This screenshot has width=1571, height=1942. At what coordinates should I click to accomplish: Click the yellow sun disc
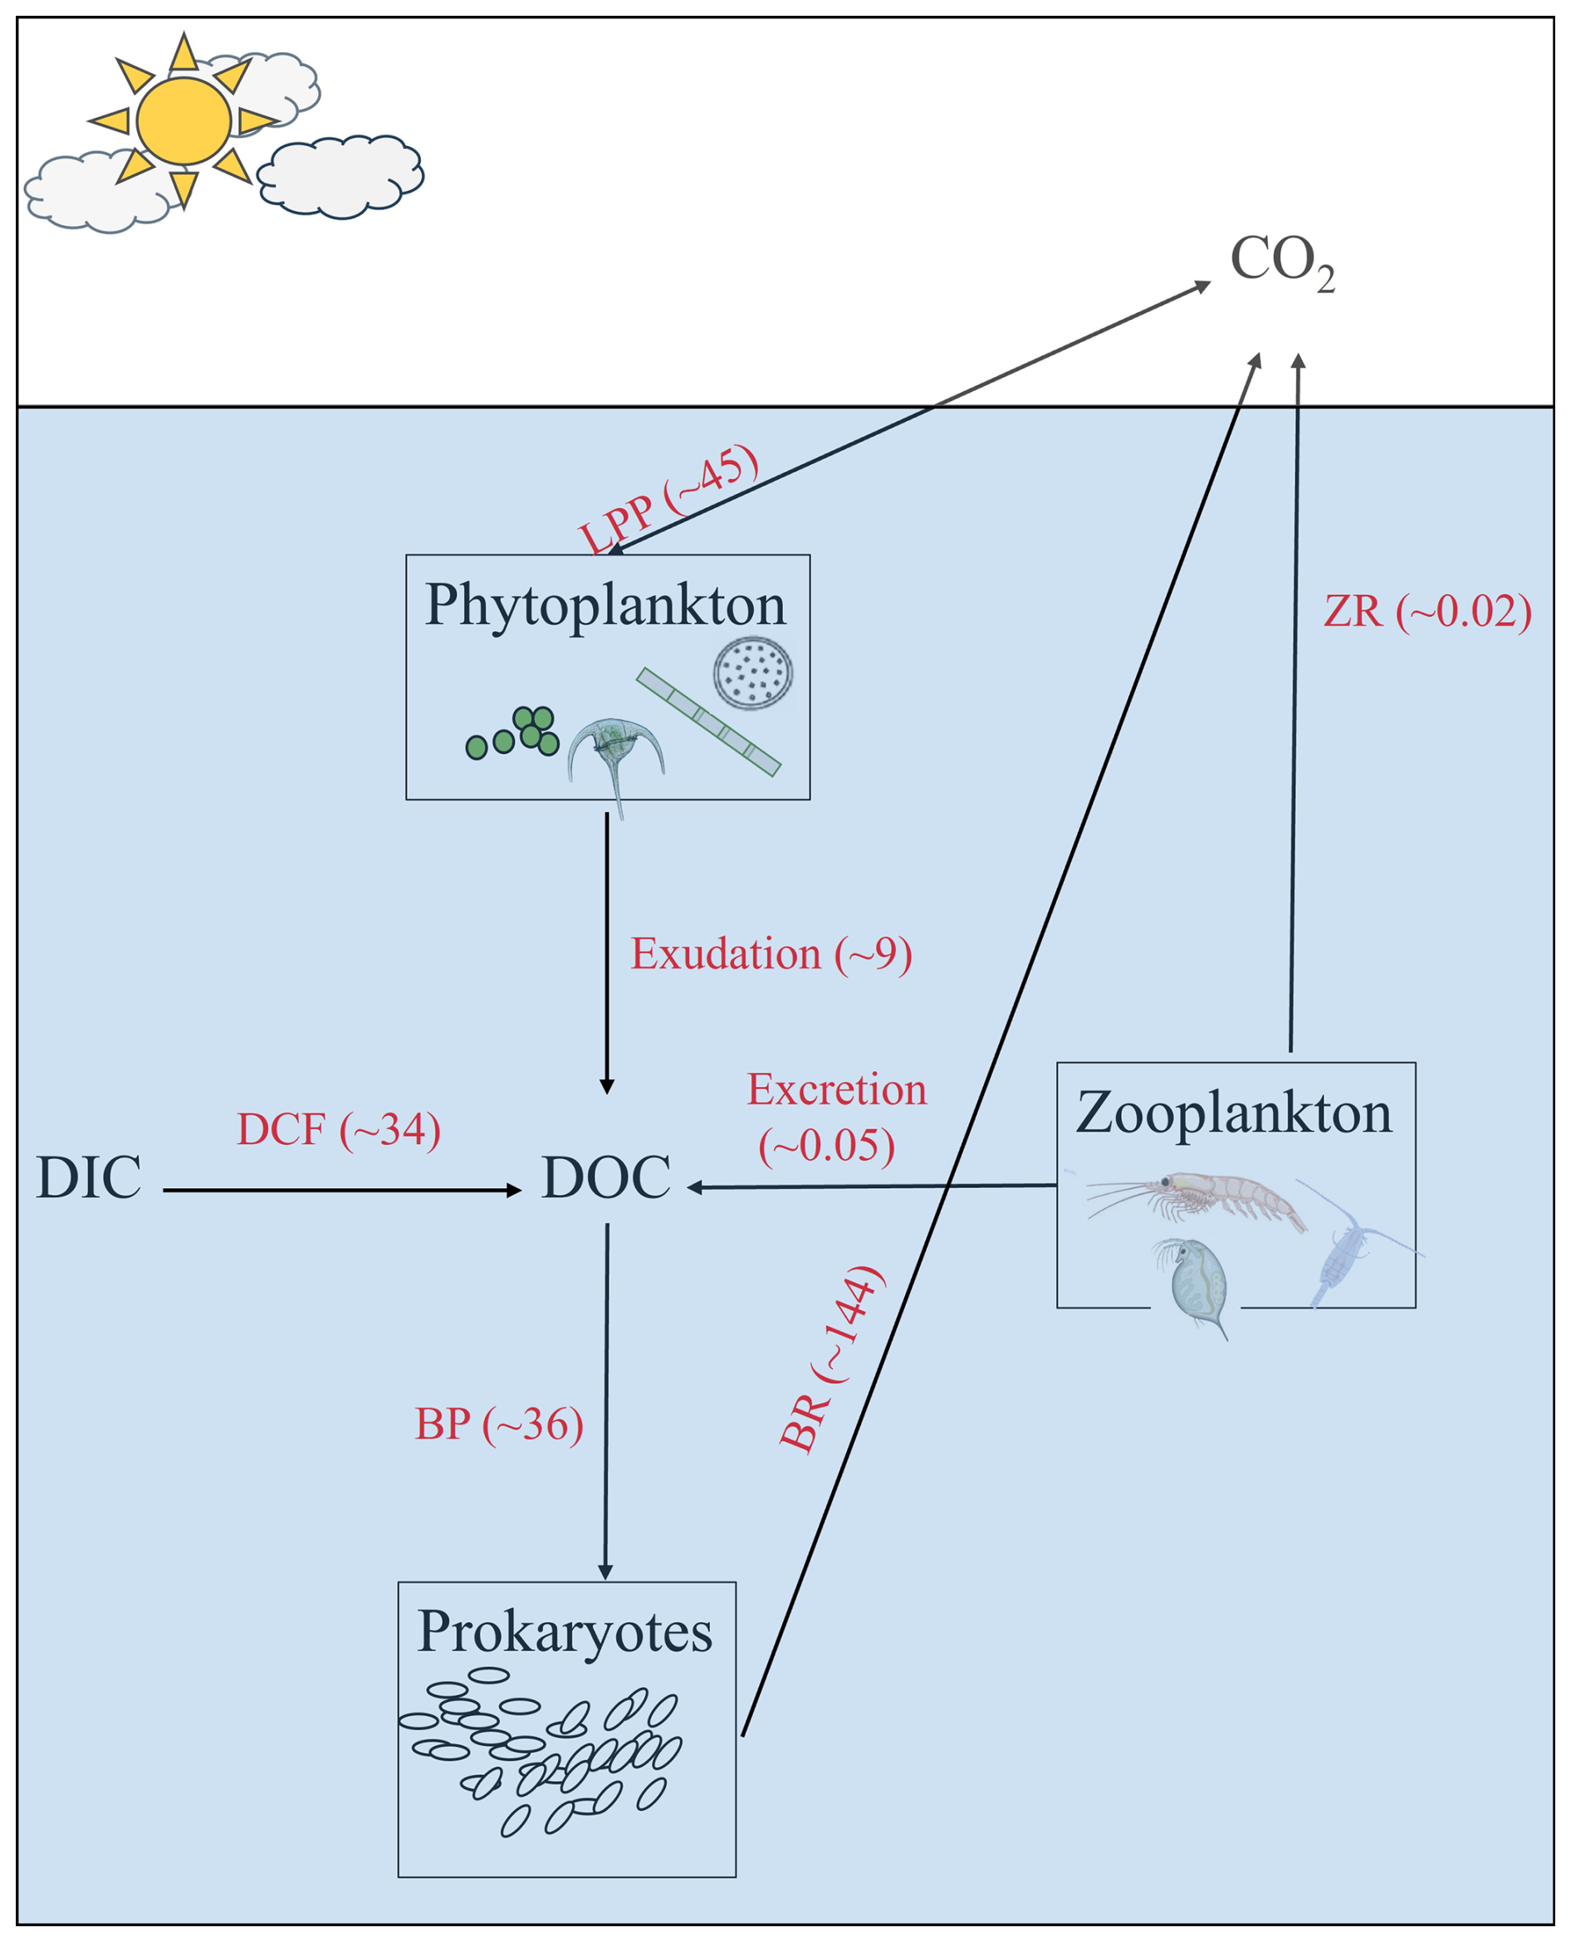pyautogui.click(x=184, y=120)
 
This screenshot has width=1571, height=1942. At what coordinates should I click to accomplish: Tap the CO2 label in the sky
pyautogui.click(x=1281, y=262)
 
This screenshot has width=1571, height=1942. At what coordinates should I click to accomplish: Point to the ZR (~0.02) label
pyautogui.click(x=1427, y=611)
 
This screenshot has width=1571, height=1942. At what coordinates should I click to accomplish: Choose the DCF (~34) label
pyautogui.click(x=339, y=1129)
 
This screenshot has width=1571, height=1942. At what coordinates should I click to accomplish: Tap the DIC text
pyautogui.click(x=89, y=1177)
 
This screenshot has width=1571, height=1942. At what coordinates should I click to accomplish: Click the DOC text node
pyautogui.click(x=605, y=1177)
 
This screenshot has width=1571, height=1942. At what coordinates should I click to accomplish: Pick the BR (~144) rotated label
pyautogui.click(x=830, y=1359)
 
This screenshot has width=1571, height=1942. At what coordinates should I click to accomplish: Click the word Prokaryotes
pyautogui.click(x=565, y=1631)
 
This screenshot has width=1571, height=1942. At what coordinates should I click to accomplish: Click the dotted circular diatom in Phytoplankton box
pyautogui.click(x=753, y=673)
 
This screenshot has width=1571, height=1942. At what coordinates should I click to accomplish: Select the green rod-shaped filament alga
pyautogui.click(x=708, y=722)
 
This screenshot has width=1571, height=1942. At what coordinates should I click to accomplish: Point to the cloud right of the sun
pyautogui.click(x=341, y=177)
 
